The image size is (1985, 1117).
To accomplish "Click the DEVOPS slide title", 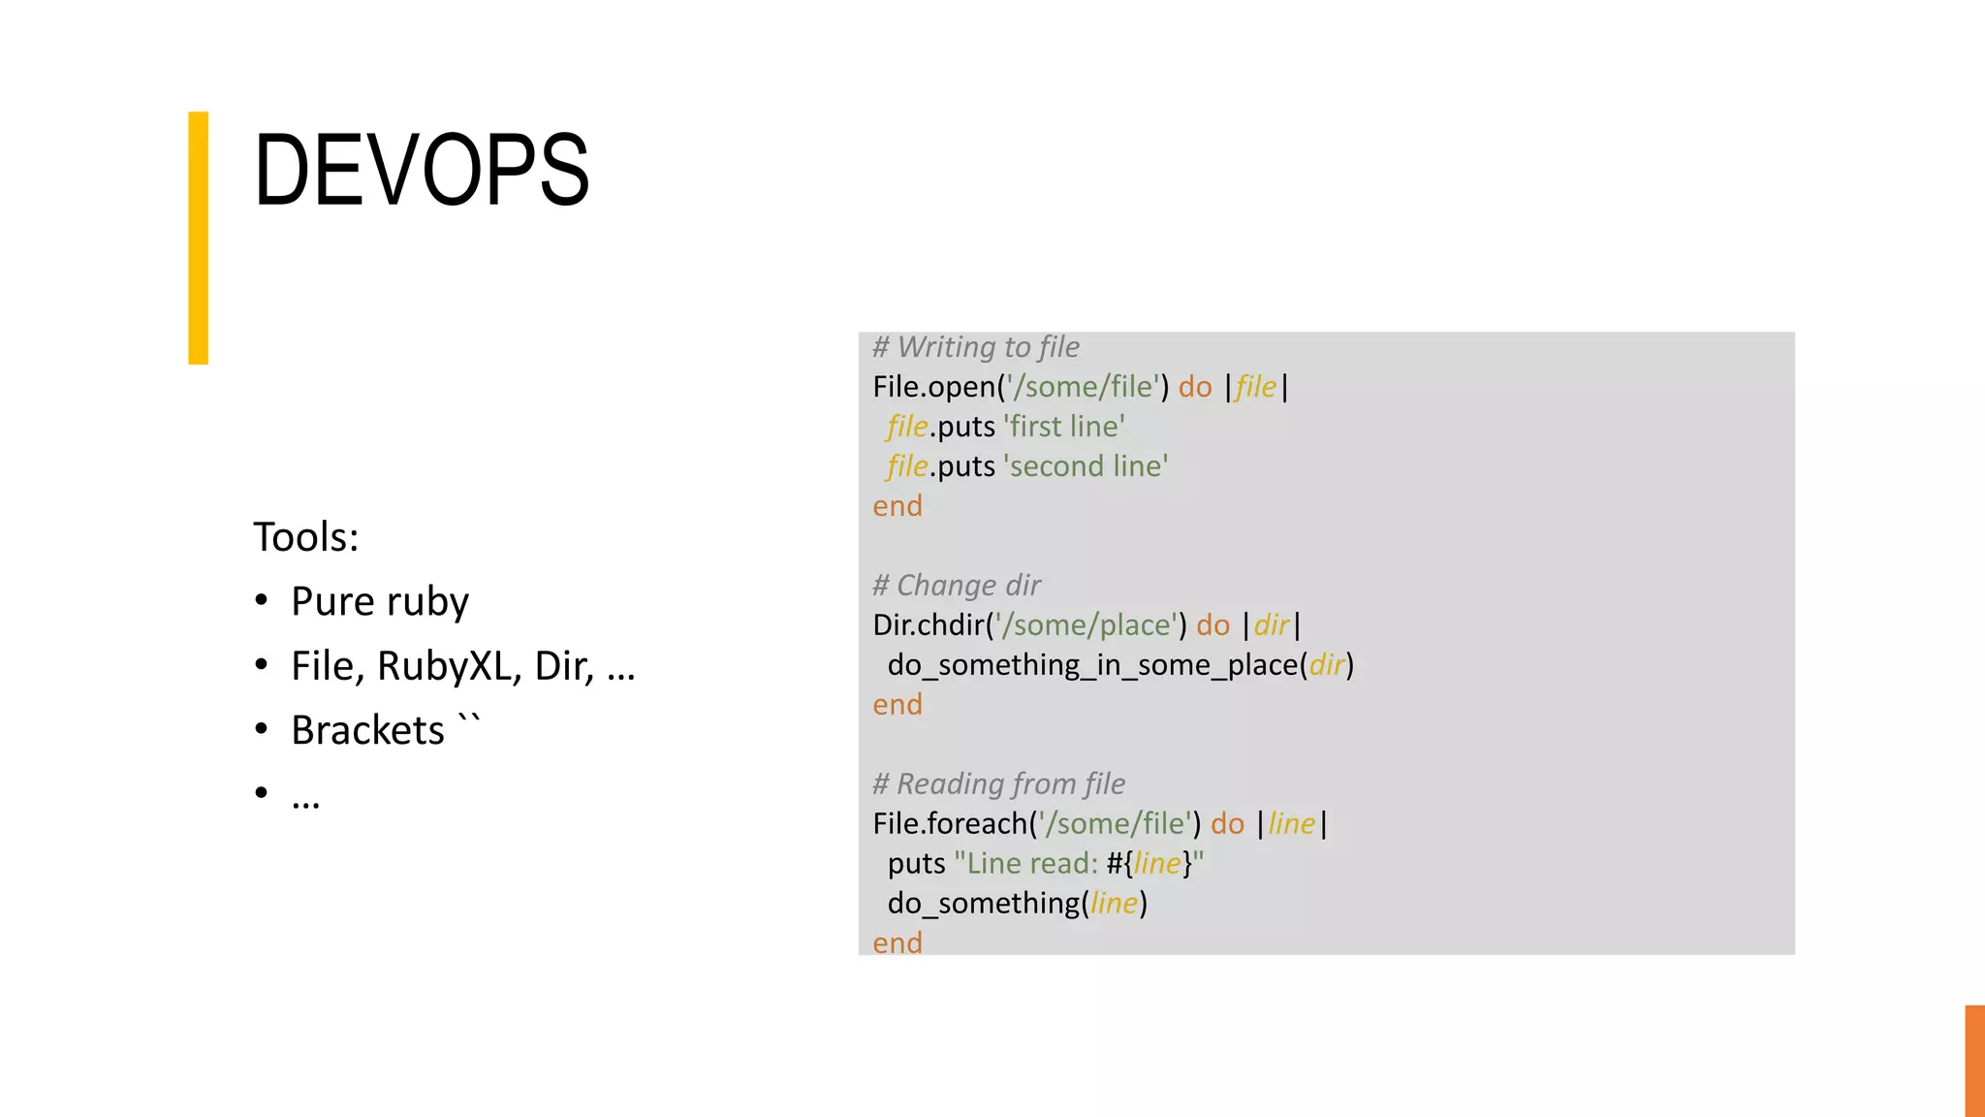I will tap(422, 171).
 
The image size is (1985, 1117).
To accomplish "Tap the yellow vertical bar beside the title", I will tap(198, 238).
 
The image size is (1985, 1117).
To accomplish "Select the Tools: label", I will tap(306, 537).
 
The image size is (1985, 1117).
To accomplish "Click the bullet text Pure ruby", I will tap(380, 602).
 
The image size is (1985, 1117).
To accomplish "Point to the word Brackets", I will tap(367, 731).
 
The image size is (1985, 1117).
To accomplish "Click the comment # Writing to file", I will tap(975, 347).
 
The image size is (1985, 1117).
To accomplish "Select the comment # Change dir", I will tap(956, 586).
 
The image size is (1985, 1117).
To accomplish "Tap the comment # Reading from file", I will tap(998, 783).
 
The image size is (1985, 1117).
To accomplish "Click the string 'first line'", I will tap(1064, 427).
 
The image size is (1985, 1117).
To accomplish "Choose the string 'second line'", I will tap(1086, 466).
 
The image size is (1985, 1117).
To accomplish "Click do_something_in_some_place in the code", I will tap(1092, 665).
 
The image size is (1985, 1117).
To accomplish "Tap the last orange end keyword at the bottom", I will tap(898, 942).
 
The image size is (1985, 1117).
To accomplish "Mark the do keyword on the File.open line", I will tap(1195, 387).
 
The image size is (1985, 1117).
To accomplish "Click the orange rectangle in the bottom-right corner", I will tap(1974, 1061).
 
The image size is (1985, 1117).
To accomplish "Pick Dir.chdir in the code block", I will tap(928, 625).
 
